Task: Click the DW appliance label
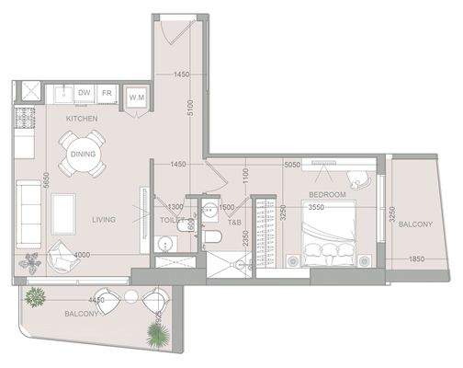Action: click(x=84, y=93)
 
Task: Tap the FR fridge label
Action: click(x=107, y=93)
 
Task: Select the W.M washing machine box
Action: click(x=137, y=97)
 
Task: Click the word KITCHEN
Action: click(x=82, y=119)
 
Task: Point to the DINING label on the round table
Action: click(x=82, y=154)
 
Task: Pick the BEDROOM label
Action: click(x=326, y=195)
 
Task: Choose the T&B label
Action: click(x=234, y=222)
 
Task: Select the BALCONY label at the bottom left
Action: click(x=82, y=314)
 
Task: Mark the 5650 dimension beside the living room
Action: click(x=33, y=183)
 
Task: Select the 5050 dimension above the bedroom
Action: click(x=292, y=166)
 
